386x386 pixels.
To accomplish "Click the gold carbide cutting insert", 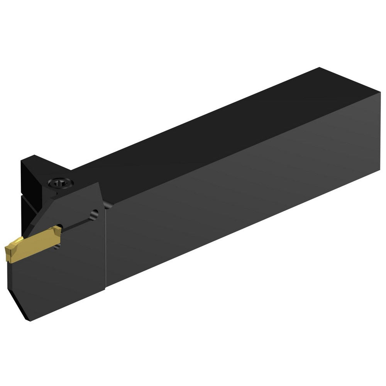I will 33,244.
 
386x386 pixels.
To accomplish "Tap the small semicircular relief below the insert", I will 58,245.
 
